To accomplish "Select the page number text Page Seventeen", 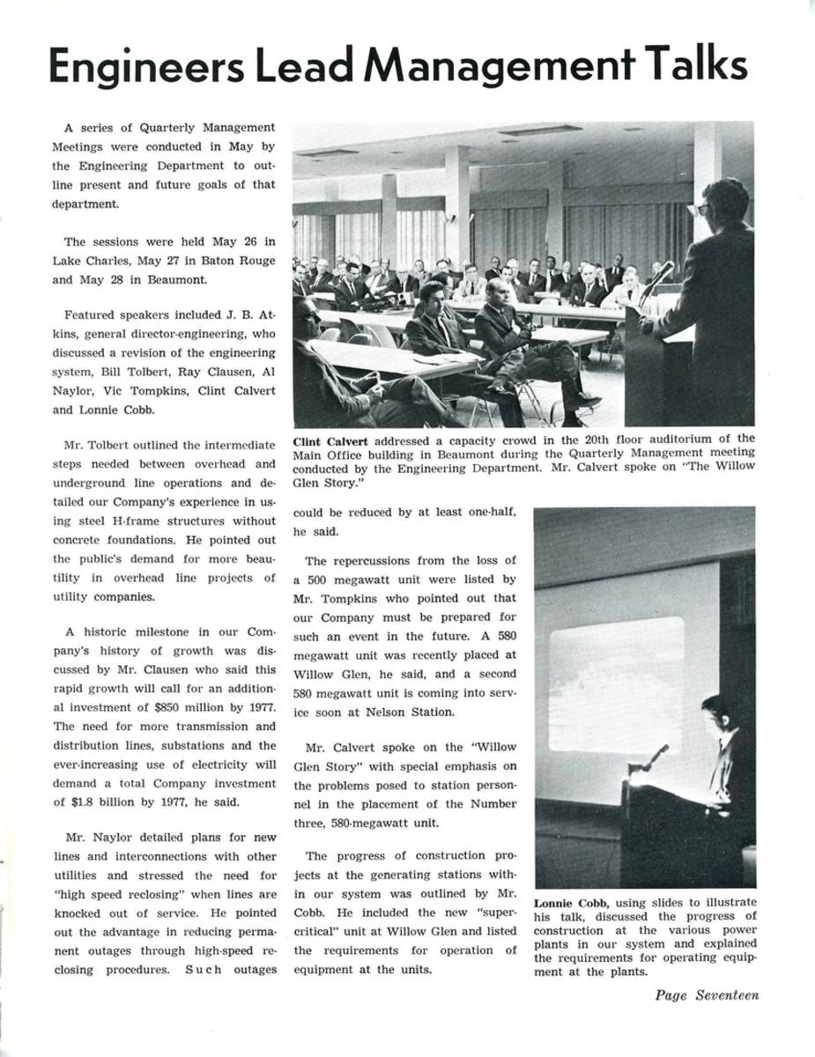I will tap(707, 995).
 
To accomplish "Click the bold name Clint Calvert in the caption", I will tap(333, 439).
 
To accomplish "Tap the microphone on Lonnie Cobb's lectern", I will tap(656, 756).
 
